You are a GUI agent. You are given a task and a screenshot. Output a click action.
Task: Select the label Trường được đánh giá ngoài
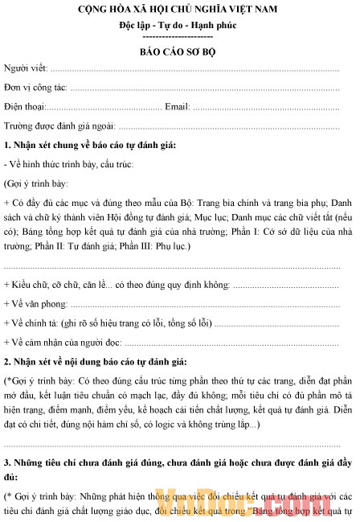[x=60, y=125]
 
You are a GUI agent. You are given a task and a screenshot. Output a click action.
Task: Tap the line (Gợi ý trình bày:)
[x=34, y=183]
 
